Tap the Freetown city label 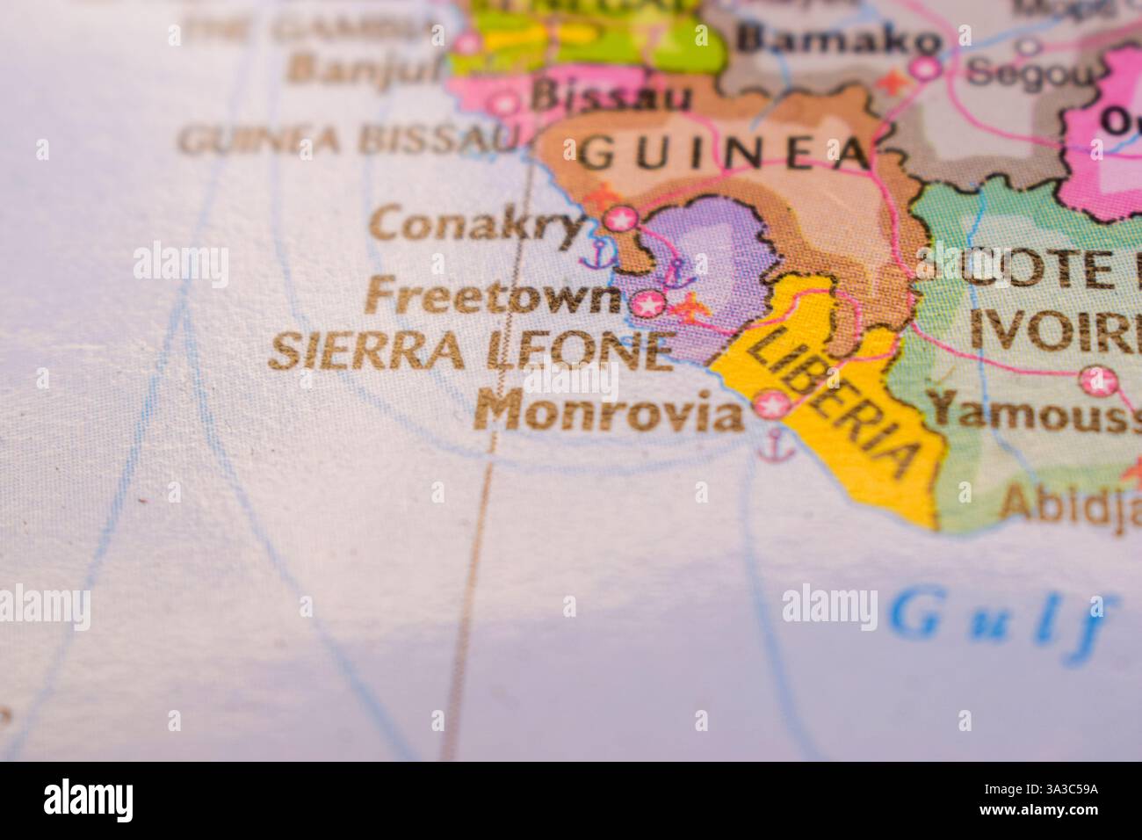495,296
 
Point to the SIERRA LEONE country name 471,351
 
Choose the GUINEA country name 726,155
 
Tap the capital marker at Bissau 504,104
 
